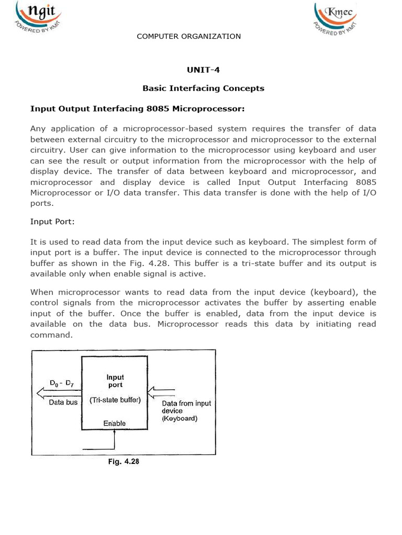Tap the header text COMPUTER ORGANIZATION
tap(188, 36)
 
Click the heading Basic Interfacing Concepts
tap(203, 88)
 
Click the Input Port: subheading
tap(52, 222)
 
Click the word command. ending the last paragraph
tap(51, 335)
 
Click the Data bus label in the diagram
tap(63, 402)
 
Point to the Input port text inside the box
tap(115, 381)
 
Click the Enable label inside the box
tap(114, 423)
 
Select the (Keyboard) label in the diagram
tap(180, 419)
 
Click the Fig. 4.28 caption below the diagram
tap(124, 462)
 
